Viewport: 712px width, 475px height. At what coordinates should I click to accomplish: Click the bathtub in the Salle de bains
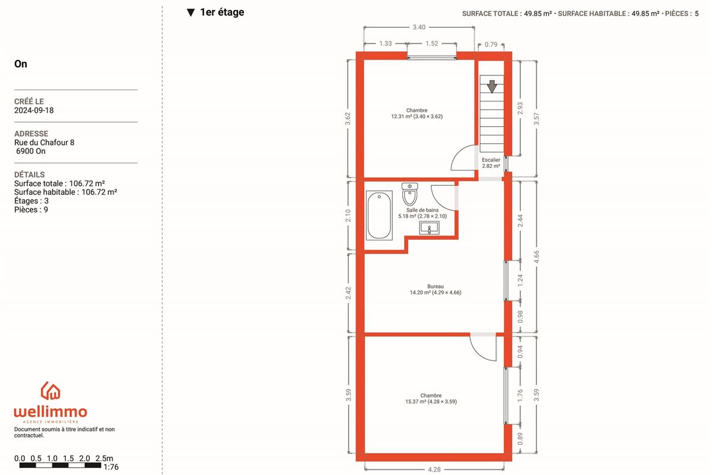(379, 216)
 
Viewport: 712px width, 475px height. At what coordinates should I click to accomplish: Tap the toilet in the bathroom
(410, 194)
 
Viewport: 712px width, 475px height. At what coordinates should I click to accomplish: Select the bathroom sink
(429, 228)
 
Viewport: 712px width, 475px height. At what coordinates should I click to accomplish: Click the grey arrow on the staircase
(492, 87)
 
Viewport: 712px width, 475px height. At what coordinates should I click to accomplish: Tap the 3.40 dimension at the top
(419, 27)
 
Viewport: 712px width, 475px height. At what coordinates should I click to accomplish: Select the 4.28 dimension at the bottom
(434, 469)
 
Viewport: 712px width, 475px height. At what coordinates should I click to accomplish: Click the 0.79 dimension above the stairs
(491, 45)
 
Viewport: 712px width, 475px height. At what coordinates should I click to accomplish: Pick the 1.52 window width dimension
(432, 43)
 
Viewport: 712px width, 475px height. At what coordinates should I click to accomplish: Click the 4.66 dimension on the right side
(536, 256)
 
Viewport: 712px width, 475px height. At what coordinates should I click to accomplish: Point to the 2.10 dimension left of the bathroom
(348, 216)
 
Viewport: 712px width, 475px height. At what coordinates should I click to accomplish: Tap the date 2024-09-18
(34, 110)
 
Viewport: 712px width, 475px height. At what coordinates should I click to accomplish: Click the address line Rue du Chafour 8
(44, 142)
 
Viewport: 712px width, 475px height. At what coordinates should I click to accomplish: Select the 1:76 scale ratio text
(111, 467)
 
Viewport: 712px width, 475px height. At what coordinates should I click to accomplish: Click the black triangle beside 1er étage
(190, 12)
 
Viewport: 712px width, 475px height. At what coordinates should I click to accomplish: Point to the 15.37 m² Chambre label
(431, 398)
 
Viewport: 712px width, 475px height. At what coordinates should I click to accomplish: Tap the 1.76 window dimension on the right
(520, 395)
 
